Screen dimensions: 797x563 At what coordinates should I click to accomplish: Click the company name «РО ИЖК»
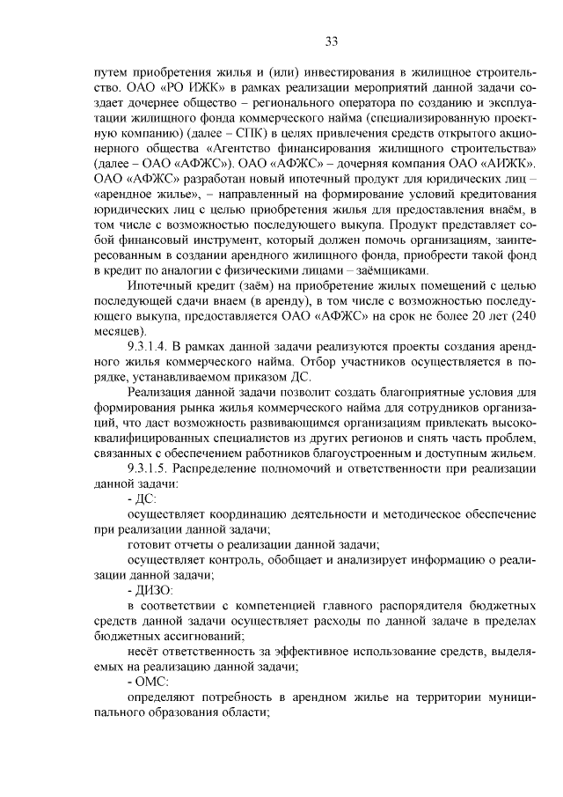[191, 89]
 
